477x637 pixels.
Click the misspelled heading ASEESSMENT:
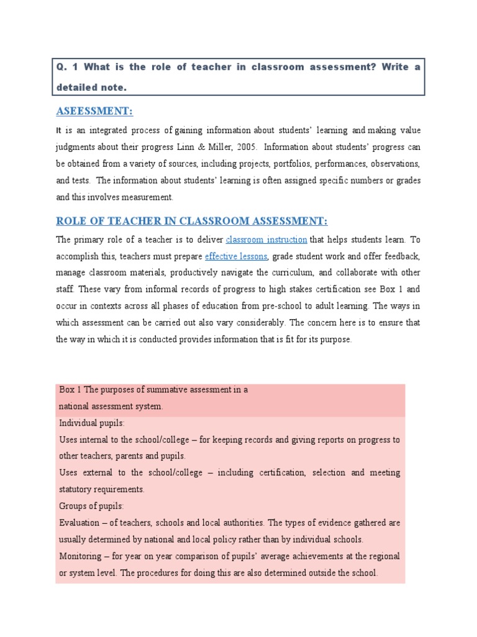point(94,111)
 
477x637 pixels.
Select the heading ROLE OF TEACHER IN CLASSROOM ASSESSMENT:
point(191,221)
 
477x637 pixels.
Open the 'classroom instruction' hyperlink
point(266,239)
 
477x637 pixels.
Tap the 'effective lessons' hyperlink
point(236,256)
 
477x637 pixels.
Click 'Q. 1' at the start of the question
point(65,67)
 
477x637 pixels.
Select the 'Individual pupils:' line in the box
point(92,423)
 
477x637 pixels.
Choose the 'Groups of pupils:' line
point(91,506)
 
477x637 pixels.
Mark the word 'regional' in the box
point(383,556)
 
